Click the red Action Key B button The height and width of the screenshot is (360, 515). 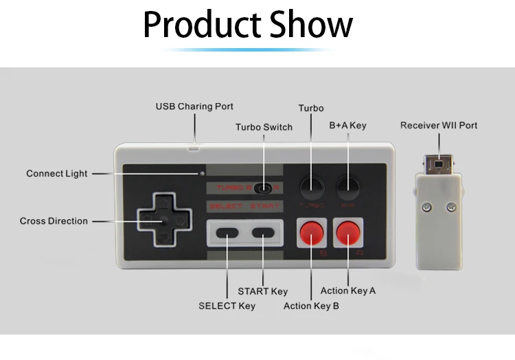310,233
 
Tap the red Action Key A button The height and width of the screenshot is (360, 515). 348,233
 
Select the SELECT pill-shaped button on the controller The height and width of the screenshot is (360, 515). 227,232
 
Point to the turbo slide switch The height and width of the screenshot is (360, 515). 262,188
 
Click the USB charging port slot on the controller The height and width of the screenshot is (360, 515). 194,146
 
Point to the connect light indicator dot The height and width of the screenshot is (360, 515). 203,173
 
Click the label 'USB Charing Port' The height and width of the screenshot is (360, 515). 194,106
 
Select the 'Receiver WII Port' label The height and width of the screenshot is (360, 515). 439,125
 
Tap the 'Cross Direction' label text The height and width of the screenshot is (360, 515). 54,221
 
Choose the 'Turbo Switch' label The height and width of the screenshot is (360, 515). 264,127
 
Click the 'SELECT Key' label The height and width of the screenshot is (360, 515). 227,306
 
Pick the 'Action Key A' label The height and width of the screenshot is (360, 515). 348,291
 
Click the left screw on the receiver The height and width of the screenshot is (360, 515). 426,206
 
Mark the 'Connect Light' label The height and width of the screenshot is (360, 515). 57,174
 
